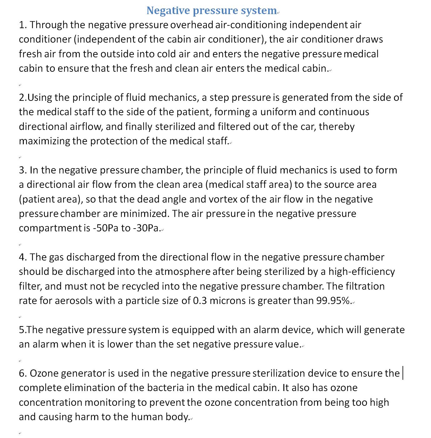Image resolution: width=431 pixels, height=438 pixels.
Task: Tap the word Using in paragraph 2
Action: click(40, 97)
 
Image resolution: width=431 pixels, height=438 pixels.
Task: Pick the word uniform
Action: click(278, 112)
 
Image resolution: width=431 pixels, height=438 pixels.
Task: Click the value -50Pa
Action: click(106, 228)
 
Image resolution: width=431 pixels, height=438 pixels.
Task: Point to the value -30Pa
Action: click(146, 228)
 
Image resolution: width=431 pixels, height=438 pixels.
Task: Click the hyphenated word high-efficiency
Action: click(362, 271)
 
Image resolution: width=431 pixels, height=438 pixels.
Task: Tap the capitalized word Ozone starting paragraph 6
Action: click(44, 373)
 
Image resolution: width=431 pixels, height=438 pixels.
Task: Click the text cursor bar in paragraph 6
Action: click(403, 373)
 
